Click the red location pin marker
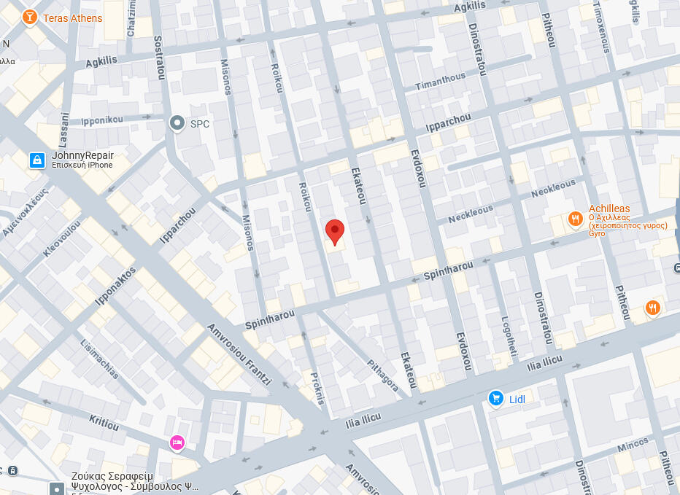pos(334,232)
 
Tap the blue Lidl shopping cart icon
pos(496,398)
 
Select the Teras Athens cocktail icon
pos(29,17)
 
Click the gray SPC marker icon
pos(177,123)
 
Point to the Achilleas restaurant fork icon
pos(575,218)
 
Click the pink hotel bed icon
pos(177,443)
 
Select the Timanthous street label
pos(440,82)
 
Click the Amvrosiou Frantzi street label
pos(239,354)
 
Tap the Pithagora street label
pos(383,375)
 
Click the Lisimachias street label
pos(100,360)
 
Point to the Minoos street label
pos(632,444)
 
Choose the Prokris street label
pos(317,387)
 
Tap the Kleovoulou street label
pos(62,238)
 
